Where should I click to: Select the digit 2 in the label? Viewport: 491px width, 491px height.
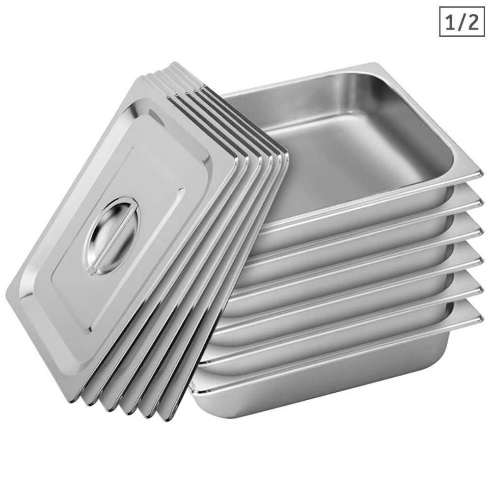tap(472, 22)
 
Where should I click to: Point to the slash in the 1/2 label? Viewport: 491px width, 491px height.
tap(461, 22)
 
